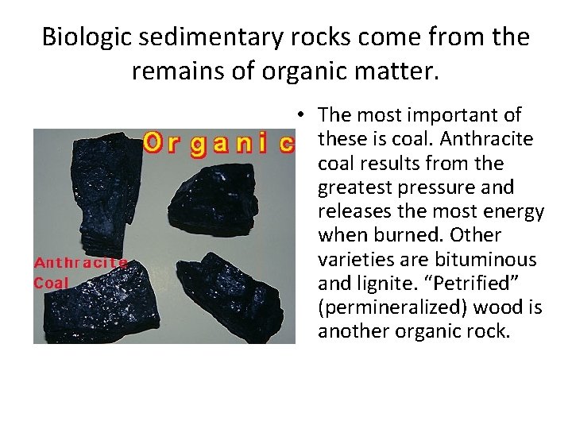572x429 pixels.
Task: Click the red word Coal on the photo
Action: pyautogui.click(x=52, y=282)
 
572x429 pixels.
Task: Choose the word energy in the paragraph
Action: pyautogui.click(x=516, y=212)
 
